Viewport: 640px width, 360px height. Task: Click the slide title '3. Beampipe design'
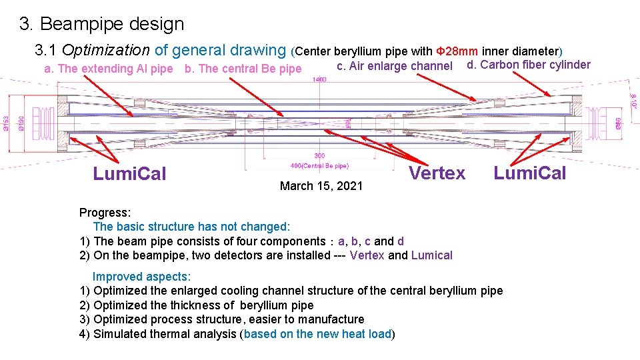click(x=102, y=25)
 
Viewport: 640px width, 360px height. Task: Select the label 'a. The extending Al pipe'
click(x=108, y=69)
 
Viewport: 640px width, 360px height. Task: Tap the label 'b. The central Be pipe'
click(x=243, y=69)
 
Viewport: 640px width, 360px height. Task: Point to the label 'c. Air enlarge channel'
click(x=395, y=65)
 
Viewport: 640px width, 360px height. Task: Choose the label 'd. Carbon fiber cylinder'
click(x=529, y=65)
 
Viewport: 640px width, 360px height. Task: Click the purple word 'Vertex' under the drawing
click(x=437, y=173)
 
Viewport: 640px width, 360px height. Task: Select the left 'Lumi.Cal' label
click(x=129, y=174)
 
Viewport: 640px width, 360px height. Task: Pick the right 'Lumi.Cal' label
click(x=529, y=173)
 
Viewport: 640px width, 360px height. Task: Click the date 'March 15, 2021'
click(x=321, y=186)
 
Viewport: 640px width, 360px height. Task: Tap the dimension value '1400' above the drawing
click(x=321, y=80)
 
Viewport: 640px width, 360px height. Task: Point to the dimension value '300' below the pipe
click(x=321, y=155)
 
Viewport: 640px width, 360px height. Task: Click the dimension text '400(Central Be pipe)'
click(x=319, y=165)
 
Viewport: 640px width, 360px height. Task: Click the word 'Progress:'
click(x=105, y=213)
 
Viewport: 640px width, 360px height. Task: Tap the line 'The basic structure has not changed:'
click(x=191, y=227)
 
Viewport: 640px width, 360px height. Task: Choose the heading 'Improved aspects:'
click(x=141, y=276)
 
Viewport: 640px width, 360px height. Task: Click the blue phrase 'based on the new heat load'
click(x=317, y=334)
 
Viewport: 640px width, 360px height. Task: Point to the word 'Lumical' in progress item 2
click(x=432, y=255)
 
